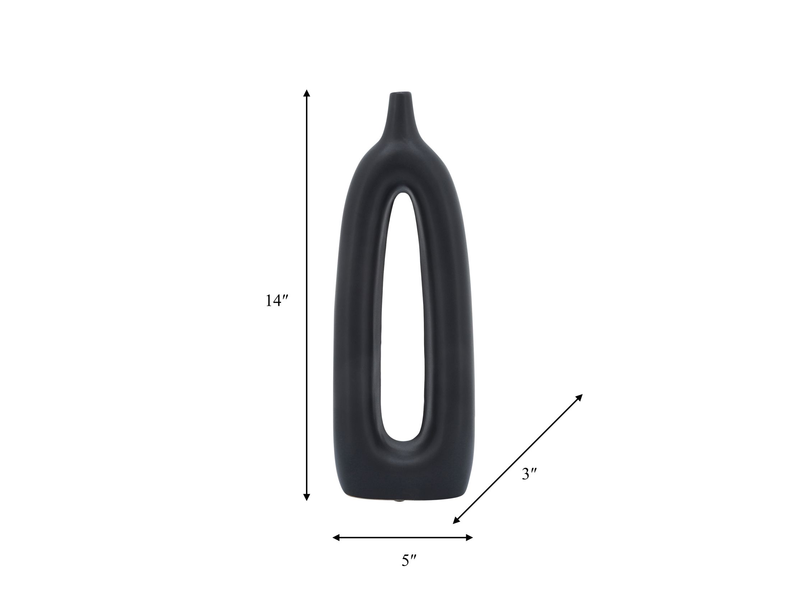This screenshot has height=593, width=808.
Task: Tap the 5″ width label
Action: (409, 560)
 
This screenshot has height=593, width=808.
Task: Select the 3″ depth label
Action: (529, 475)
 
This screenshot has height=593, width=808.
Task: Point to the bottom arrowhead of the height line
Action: (306, 497)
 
